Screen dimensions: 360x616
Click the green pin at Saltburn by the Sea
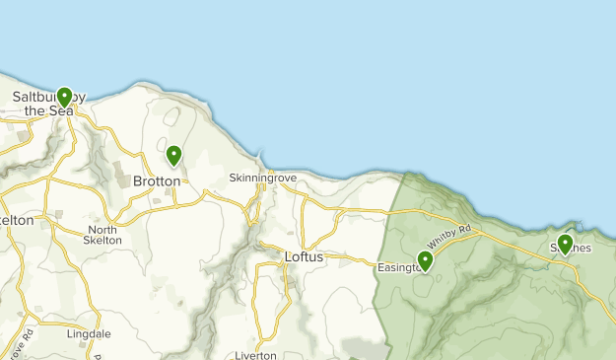pos(64,97)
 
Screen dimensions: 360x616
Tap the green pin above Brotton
pos(173,155)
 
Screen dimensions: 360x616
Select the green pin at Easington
pos(425,260)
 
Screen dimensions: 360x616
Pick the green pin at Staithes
pos(565,243)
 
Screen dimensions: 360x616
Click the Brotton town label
pos(157,181)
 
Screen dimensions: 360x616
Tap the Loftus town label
pos(304,256)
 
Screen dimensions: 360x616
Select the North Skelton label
pos(103,235)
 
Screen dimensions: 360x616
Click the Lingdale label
pos(88,333)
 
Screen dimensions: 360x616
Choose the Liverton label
pos(256,355)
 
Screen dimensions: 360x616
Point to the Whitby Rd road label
pos(450,237)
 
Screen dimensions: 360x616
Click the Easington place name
pos(399,267)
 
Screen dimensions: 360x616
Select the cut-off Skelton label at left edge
pos(17,221)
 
